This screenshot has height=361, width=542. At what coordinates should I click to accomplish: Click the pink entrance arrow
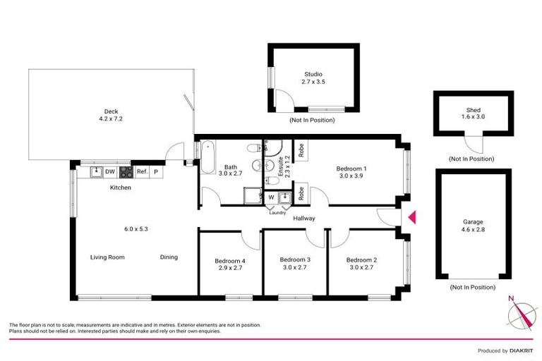pos(413,218)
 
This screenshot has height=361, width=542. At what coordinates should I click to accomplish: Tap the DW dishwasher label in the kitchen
pos(109,171)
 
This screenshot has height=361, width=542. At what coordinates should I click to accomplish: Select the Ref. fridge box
pos(141,171)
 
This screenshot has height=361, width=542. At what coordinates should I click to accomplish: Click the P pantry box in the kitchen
pos(156,171)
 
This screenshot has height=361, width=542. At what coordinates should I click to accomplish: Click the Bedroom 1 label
pos(351,169)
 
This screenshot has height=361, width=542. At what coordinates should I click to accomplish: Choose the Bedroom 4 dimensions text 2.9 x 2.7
pos(229,268)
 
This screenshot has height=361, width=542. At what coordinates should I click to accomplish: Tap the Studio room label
pos(312,73)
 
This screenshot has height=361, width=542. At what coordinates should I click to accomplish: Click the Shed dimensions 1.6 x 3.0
pos(473,118)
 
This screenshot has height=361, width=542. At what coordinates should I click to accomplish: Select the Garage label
pos(472,221)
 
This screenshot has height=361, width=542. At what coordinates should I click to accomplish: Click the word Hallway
pos(304,219)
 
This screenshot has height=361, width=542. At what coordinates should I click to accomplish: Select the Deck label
pos(111,111)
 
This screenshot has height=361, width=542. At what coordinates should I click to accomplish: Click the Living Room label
pos(107,257)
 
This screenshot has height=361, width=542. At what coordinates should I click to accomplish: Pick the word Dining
pos(169,257)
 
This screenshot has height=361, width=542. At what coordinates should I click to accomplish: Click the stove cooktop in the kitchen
pos(126,171)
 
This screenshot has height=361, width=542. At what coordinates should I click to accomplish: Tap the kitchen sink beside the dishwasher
pos(95,171)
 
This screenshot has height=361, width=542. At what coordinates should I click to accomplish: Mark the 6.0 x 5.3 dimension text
pos(135,228)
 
